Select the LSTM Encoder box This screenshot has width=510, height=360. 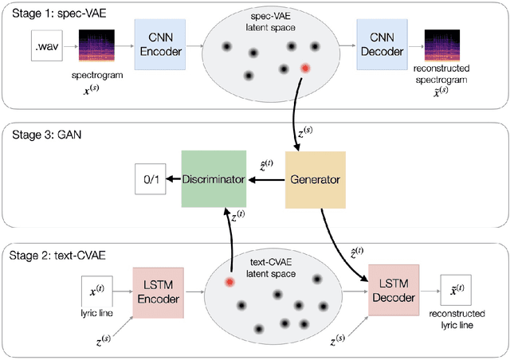point(159,291)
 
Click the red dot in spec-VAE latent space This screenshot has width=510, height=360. point(304,68)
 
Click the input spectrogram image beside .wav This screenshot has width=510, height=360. point(94,46)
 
